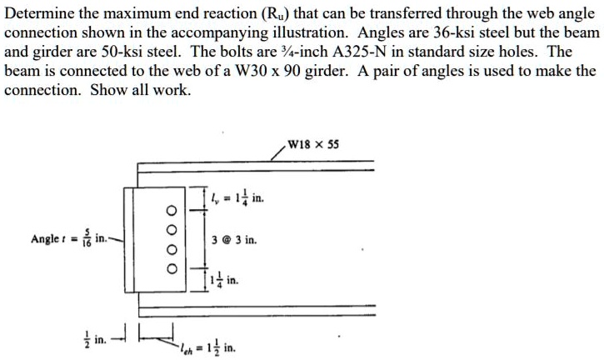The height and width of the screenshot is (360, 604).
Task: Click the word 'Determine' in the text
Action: click(x=36, y=12)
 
